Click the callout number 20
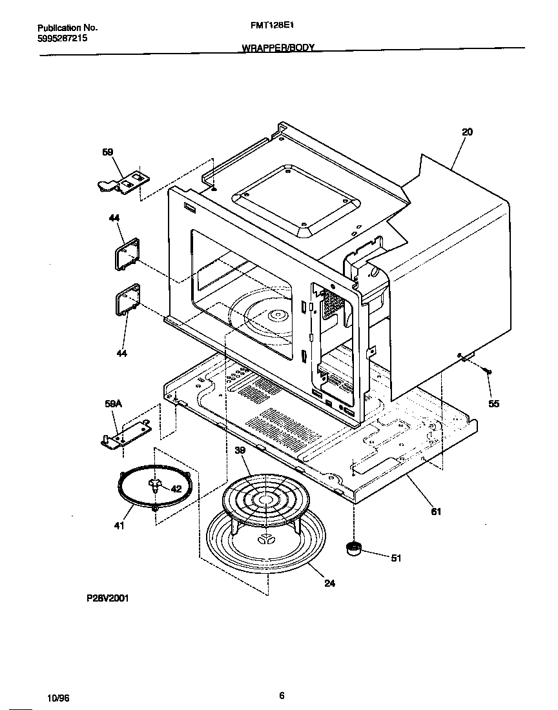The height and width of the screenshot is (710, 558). [x=467, y=132]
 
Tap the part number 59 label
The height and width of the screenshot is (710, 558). [x=108, y=152]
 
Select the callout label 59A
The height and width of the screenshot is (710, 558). [x=112, y=404]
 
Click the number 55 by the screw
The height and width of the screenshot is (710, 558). [x=493, y=404]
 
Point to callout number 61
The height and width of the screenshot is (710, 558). [x=436, y=512]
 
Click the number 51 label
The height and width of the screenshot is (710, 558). [x=396, y=558]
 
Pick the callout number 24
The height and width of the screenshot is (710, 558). [x=329, y=583]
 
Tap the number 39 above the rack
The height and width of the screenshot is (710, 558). [x=240, y=451]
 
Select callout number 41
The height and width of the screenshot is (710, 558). [x=119, y=526]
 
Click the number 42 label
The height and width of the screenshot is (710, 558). [x=176, y=489]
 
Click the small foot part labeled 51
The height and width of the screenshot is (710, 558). [x=353, y=549]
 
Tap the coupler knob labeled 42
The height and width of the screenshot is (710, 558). [x=155, y=485]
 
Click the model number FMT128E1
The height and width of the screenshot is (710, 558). [x=268, y=28]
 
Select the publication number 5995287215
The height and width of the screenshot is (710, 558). [x=63, y=38]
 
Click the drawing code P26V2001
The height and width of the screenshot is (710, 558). [x=107, y=598]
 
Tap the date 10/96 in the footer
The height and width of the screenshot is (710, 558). [x=58, y=698]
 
